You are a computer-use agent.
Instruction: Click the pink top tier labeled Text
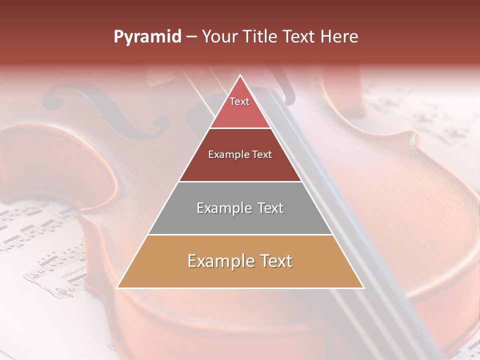tap(240, 107)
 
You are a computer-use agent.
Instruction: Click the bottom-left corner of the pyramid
tap(117, 287)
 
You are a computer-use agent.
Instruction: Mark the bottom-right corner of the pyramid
tap(363, 287)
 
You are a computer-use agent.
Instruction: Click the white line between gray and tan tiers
tap(240, 234)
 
